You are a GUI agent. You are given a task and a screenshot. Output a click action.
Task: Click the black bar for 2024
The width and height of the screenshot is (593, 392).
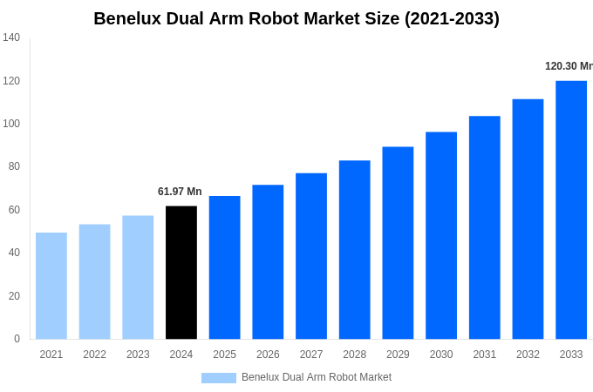click(x=181, y=273)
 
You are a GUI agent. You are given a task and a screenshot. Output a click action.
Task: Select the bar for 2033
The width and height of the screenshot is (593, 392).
click(x=571, y=210)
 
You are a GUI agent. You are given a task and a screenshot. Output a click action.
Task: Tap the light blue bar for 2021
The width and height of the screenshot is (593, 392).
click(x=51, y=286)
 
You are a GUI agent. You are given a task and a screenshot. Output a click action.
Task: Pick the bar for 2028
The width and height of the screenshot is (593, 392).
click(x=354, y=250)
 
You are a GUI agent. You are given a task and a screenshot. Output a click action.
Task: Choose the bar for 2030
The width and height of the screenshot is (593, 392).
click(x=441, y=235)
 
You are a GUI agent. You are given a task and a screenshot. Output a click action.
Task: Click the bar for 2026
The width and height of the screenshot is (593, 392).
click(x=268, y=262)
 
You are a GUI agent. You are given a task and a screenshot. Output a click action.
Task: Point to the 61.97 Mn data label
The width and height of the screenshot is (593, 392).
click(x=180, y=192)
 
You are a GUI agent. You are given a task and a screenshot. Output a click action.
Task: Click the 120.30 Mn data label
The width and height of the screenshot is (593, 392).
click(x=568, y=66)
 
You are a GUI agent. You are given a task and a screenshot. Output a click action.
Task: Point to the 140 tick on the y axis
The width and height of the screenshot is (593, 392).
click(x=11, y=37)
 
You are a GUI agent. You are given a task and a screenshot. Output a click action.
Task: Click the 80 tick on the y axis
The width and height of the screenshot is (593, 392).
click(x=14, y=166)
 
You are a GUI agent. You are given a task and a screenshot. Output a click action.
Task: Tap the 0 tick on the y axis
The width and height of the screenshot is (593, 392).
click(x=17, y=339)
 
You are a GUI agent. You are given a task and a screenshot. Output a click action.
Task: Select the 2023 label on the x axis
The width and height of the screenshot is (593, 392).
click(x=138, y=355)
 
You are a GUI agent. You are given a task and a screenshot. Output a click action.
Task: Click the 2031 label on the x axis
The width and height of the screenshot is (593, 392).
click(x=485, y=355)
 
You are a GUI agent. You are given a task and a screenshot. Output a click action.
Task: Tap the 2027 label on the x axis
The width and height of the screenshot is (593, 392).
click(x=311, y=355)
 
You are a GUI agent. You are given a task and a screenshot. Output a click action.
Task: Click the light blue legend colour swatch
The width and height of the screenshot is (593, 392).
click(x=218, y=378)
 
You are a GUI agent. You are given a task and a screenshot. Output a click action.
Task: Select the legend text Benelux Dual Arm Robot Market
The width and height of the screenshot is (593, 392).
click(x=317, y=377)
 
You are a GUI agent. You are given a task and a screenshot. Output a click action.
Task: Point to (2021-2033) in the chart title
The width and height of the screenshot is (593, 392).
click(x=452, y=18)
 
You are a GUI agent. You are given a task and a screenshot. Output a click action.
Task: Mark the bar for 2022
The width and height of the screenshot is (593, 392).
click(x=94, y=282)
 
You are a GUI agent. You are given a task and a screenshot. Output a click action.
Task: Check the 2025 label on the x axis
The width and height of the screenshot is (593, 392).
click(x=224, y=355)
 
